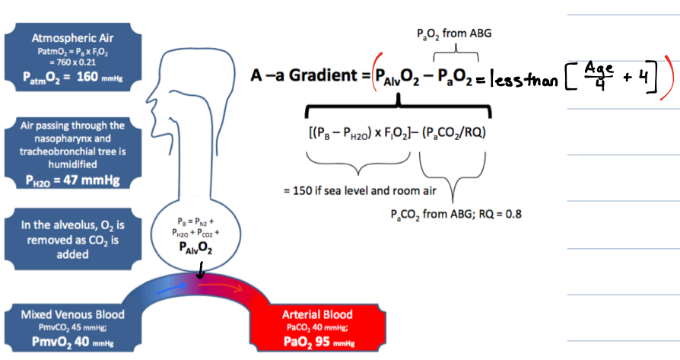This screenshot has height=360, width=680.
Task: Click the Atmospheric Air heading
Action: click(73, 37)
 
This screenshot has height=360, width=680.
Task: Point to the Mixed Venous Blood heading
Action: click(72, 314)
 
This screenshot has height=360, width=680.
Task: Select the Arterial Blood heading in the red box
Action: click(317, 314)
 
